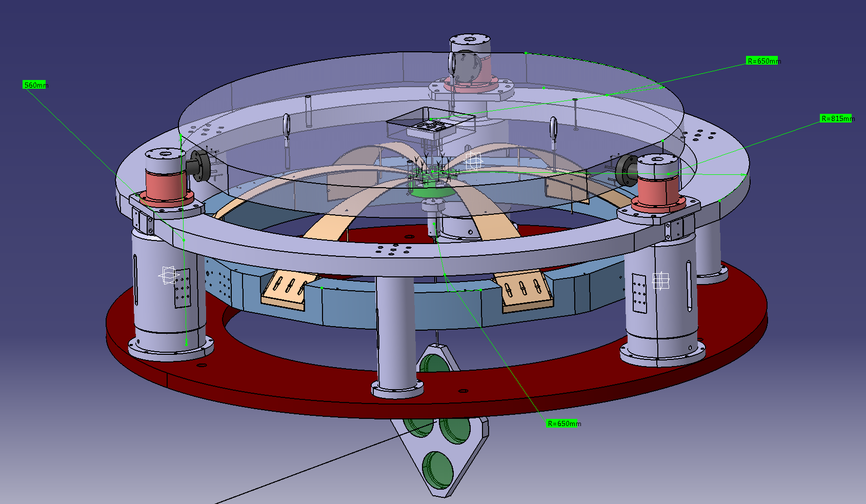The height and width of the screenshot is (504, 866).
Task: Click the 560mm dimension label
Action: click(35, 85)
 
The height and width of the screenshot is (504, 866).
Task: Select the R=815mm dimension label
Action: click(837, 118)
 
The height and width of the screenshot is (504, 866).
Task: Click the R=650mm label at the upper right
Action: click(763, 61)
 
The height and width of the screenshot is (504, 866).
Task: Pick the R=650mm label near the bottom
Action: click(563, 424)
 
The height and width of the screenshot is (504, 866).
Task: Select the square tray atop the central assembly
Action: click(431, 124)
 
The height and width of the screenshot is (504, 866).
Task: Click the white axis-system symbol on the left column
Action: click(168, 275)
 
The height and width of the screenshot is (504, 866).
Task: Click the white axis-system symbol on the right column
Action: click(660, 280)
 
